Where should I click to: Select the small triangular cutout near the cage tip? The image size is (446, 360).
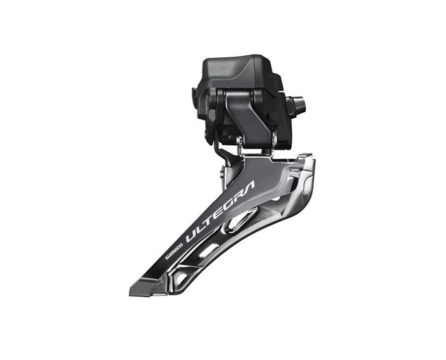pyautogui.click(x=182, y=278)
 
